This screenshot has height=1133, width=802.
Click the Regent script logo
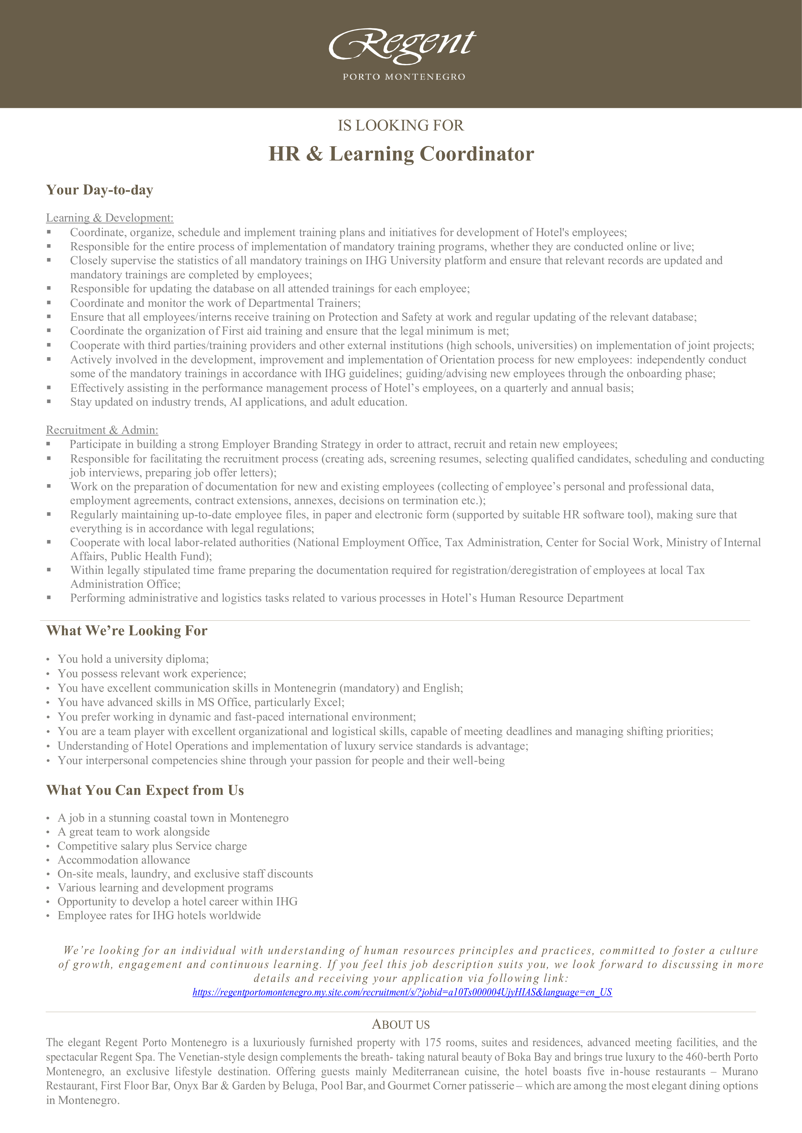(x=402, y=46)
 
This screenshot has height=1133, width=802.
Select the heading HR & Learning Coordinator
(x=401, y=154)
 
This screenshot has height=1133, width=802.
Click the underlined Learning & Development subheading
(x=110, y=218)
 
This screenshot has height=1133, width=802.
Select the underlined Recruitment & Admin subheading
(x=102, y=430)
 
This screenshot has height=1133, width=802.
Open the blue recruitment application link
(x=402, y=992)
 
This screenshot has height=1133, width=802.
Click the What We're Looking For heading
(x=126, y=631)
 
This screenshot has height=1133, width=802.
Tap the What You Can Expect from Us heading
(x=145, y=790)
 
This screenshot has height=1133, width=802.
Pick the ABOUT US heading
(x=401, y=1024)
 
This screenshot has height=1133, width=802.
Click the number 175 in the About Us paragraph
(x=429, y=1042)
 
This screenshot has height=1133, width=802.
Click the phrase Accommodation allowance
(x=123, y=860)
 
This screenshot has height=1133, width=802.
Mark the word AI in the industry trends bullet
(x=236, y=402)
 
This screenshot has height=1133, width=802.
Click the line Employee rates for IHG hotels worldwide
(x=159, y=915)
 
